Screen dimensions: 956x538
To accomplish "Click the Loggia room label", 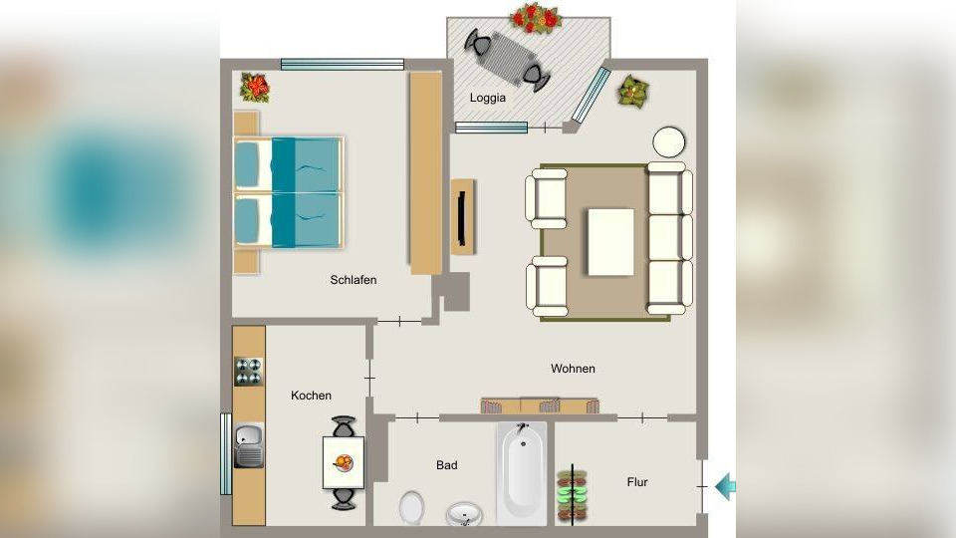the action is coord(488,98).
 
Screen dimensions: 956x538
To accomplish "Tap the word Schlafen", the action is coord(353,280).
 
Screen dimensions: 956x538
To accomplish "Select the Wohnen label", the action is coord(573,369).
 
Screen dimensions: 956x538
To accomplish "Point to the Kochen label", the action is coord(311,396).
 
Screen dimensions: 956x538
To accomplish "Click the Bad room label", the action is coord(446,465).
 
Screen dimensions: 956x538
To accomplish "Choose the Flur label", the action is coord(637,482).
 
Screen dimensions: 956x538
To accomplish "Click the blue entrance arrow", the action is coord(726,486).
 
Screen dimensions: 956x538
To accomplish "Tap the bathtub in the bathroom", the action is coord(521,472).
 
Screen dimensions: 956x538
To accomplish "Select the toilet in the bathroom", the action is coord(412,507).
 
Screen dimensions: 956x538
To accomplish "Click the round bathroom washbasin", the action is coord(464,514).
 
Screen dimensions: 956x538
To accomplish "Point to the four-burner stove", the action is coord(249,372).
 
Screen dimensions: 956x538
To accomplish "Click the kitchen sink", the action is coord(249,446).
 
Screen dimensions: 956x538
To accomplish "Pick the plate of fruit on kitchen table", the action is coord(344,463).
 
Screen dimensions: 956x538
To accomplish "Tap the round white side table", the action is coord(669,142).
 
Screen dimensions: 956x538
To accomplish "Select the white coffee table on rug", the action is coord(610,242).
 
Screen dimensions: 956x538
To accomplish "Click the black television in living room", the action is coord(461,218).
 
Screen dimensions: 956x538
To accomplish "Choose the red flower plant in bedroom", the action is coord(255,88).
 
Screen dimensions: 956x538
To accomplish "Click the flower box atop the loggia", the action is coord(536,18).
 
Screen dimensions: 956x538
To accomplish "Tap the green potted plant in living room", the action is coord(633,92).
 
